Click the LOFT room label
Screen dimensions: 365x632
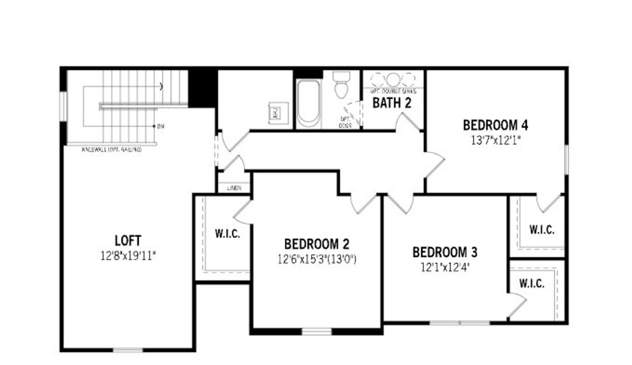(x=128, y=241)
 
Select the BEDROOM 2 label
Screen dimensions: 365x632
(x=316, y=244)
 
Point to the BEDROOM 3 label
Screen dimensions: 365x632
(x=445, y=252)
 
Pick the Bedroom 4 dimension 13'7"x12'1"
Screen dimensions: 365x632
(x=496, y=140)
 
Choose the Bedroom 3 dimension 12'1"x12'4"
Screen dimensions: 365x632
(x=445, y=267)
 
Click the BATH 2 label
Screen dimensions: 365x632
(x=392, y=103)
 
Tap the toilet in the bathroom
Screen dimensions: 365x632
(x=341, y=85)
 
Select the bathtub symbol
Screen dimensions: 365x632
(x=309, y=104)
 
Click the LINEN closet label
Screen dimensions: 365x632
(x=234, y=188)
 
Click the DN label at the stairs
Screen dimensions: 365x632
(x=160, y=126)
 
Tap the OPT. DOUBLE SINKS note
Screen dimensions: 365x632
(x=394, y=91)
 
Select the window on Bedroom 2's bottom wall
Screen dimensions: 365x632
(x=316, y=331)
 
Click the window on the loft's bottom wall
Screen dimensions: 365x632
(x=128, y=350)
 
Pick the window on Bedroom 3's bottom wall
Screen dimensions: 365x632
(x=459, y=323)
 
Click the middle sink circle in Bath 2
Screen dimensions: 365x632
(x=393, y=80)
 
